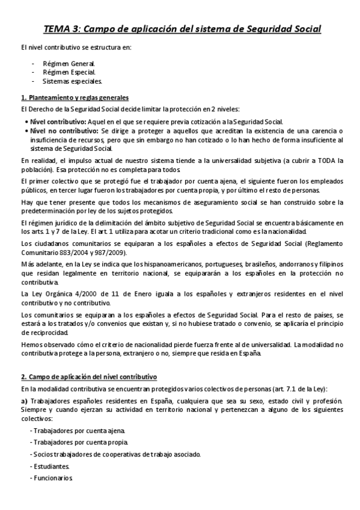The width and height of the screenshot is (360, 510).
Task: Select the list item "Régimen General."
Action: click(69, 63)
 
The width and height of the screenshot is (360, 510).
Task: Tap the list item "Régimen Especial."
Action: click(69, 72)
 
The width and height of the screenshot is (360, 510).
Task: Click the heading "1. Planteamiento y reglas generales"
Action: click(75, 97)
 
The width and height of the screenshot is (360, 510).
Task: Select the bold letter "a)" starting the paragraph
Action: click(25, 401)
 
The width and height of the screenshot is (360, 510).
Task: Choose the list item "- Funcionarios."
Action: click(52, 478)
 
